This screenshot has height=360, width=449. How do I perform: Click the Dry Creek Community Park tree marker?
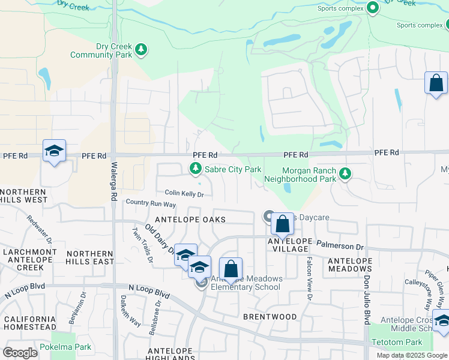(x=141, y=49)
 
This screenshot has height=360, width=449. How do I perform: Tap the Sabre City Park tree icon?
(x=195, y=170)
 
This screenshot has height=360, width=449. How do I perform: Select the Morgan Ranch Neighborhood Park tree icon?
(x=345, y=174)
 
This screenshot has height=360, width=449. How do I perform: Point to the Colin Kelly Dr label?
(x=185, y=194)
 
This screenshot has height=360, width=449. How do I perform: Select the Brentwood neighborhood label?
(x=270, y=316)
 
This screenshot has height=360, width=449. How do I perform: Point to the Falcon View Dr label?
(x=310, y=278)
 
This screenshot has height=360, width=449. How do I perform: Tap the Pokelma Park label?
(x=65, y=347)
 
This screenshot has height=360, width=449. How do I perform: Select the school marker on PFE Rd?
(x=54, y=152)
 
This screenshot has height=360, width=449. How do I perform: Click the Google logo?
(x=20, y=353)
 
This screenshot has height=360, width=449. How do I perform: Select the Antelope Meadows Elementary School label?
(x=246, y=283)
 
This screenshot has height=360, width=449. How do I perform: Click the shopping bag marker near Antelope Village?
(x=282, y=225)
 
